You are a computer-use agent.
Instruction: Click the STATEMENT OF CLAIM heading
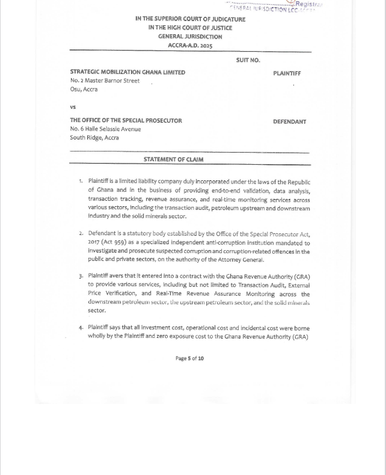click(x=173, y=159)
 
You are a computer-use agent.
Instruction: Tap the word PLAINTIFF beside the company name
click(x=287, y=73)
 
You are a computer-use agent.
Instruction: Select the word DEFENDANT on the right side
click(x=289, y=121)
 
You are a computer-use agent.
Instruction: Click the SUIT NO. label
click(x=248, y=60)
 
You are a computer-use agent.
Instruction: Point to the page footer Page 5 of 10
click(x=189, y=358)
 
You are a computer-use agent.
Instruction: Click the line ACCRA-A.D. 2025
click(x=190, y=46)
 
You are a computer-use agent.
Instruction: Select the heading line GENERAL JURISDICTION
click(x=190, y=37)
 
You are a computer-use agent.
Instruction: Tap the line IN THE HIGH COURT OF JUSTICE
click(x=190, y=28)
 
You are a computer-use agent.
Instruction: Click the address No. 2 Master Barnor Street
click(x=105, y=81)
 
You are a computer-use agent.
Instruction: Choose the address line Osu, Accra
click(x=84, y=89)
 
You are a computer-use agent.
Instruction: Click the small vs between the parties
click(x=73, y=107)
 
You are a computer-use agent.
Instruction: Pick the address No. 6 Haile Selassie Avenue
click(x=105, y=129)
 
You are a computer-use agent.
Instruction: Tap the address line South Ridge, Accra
click(x=94, y=137)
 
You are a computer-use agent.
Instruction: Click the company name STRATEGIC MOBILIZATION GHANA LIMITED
click(x=127, y=72)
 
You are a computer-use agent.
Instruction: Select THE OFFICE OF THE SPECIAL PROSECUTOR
click(x=126, y=120)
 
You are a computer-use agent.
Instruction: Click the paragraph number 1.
click(x=81, y=181)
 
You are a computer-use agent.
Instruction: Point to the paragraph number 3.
click(x=81, y=277)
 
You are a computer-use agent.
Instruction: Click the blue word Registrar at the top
click(x=308, y=4)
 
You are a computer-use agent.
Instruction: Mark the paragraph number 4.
click(x=81, y=328)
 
